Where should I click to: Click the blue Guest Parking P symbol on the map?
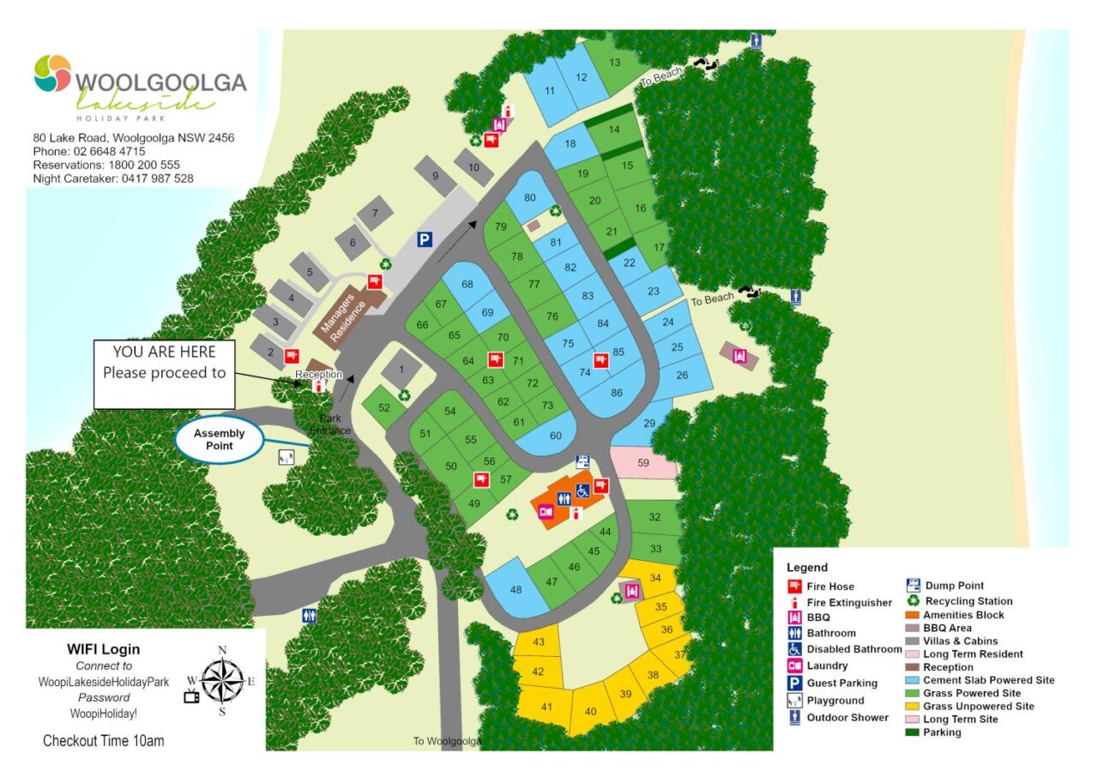(x=424, y=241)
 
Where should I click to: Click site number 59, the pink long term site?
(x=643, y=463)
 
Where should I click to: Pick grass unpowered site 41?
(x=546, y=707)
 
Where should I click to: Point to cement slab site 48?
(x=516, y=589)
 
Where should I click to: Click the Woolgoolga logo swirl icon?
(x=52, y=74)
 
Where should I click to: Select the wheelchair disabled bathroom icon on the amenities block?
(x=582, y=491)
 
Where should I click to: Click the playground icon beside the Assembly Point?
(x=287, y=457)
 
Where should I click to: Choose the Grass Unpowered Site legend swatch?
(x=913, y=707)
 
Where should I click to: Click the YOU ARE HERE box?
(x=164, y=374)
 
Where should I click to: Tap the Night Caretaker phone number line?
(x=113, y=178)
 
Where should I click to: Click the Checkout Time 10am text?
(x=103, y=740)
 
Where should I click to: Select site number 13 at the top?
(x=614, y=63)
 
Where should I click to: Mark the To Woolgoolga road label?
(x=446, y=741)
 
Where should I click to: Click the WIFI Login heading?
(x=103, y=649)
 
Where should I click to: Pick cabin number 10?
(x=474, y=168)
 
